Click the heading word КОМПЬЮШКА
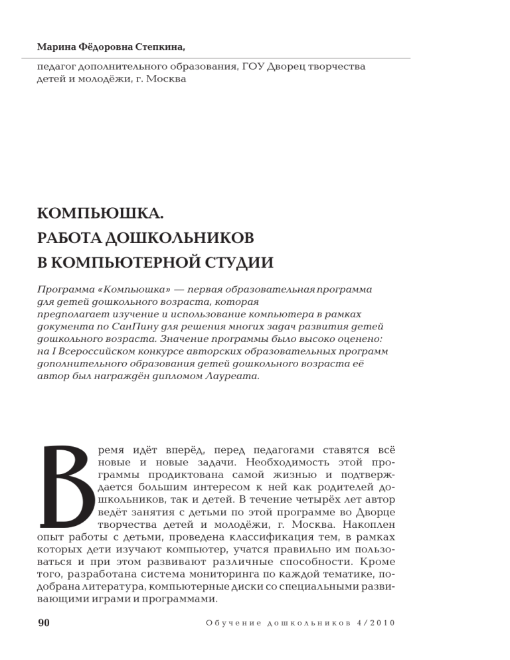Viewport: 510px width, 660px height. click(100, 214)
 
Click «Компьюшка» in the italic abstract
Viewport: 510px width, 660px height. click(124, 290)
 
